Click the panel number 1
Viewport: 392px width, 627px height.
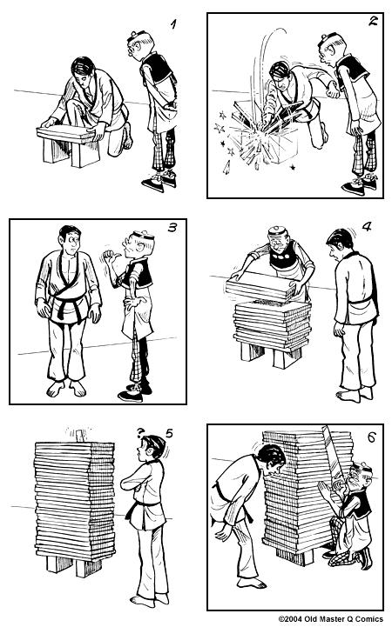coord(172,24)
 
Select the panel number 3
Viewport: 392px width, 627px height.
coord(172,230)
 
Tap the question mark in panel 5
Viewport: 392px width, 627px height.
coord(139,427)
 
